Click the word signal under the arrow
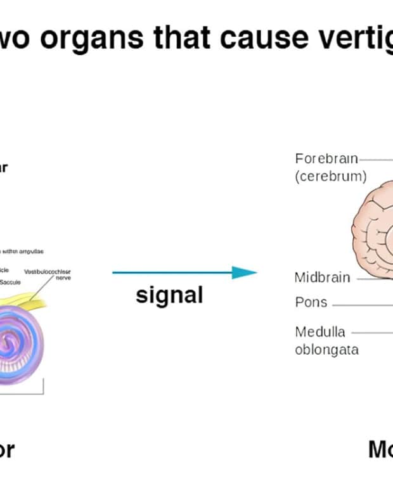click(169, 295)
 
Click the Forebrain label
click(326, 158)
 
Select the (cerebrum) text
click(331, 177)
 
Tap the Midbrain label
click(322, 277)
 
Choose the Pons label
click(311, 302)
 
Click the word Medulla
click(320, 331)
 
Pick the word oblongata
click(326, 350)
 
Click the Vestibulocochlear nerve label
click(48, 274)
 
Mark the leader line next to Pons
click(361, 304)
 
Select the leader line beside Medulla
click(371, 331)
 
